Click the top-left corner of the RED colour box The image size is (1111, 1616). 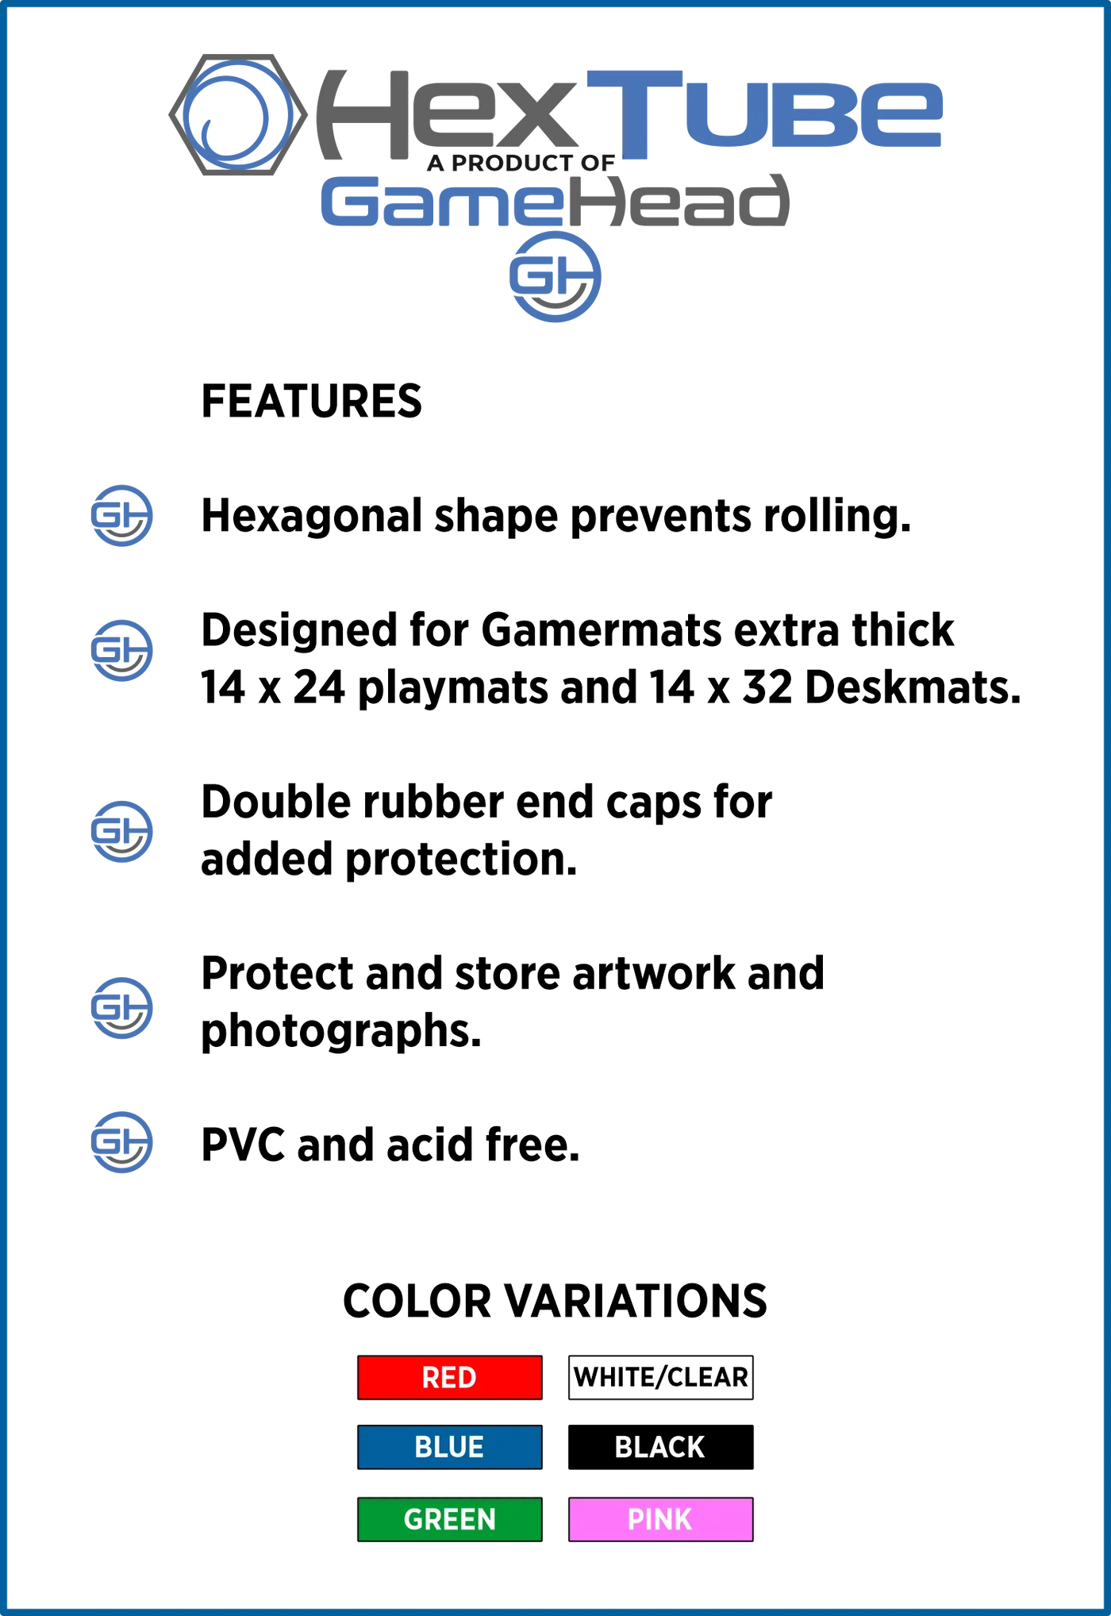[x=358, y=1356]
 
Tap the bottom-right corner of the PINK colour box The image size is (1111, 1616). [x=753, y=1541]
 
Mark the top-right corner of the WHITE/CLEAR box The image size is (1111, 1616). [x=753, y=1356]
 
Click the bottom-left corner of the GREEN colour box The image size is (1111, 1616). [x=358, y=1541]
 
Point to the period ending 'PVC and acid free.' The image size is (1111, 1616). [x=575, y=1160]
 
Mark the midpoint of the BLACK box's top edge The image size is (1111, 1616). [x=661, y=1426]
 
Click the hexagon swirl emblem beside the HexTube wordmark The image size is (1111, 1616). [x=238, y=115]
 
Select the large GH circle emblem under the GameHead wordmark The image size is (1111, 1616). [x=555, y=277]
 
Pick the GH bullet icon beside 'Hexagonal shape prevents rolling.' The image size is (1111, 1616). [x=121, y=516]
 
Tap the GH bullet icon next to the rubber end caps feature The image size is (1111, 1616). [x=121, y=832]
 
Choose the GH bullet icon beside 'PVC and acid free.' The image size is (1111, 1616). [x=121, y=1142]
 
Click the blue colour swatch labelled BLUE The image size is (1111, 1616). [x=450, y=1447]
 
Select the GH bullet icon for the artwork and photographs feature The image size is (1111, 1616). [x=121, y=1008]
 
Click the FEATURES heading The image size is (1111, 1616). [x=311, y=401]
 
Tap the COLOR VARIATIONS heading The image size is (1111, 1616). [x=555, y=1301]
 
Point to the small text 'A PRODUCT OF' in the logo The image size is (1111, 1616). [x=521, y=163]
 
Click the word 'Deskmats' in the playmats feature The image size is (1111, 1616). [x=913, y=687]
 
